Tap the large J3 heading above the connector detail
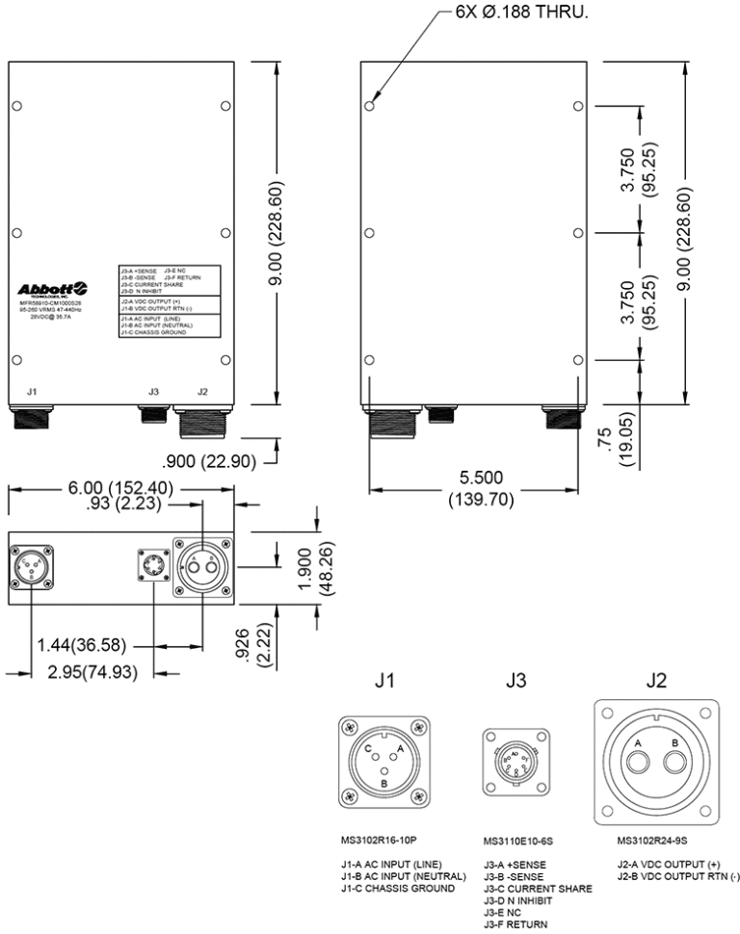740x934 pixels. click(516, 681)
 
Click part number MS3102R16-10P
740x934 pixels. click(378, 840)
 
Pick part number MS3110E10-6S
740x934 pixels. click(517, 842)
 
